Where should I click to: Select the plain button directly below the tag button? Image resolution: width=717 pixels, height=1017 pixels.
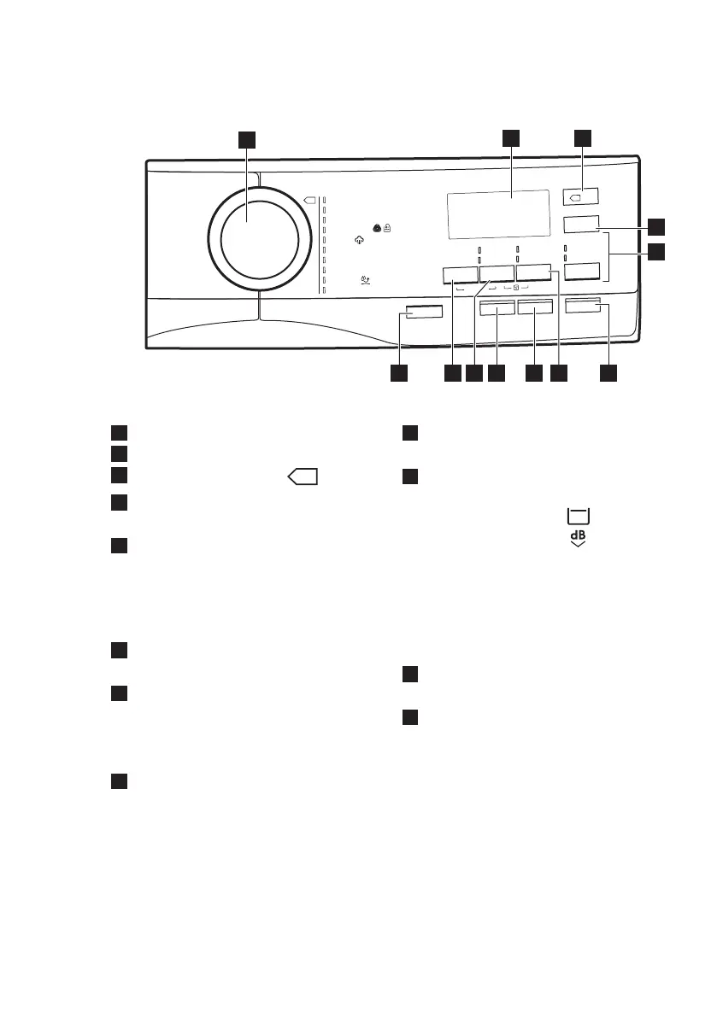(581, 225)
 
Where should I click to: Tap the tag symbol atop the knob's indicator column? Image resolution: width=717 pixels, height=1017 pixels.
(309, 201)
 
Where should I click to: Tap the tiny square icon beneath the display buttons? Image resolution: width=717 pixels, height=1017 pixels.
(516, 289)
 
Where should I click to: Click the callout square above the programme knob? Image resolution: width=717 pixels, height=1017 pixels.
(247, 138)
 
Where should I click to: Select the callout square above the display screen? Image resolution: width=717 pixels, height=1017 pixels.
(511, 138)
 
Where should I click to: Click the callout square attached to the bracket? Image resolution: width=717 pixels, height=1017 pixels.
(655, 252)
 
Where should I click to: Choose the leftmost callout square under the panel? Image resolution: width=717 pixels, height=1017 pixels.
(399, 374)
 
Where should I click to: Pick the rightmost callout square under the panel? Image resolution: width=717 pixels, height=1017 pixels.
(608, 374)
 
